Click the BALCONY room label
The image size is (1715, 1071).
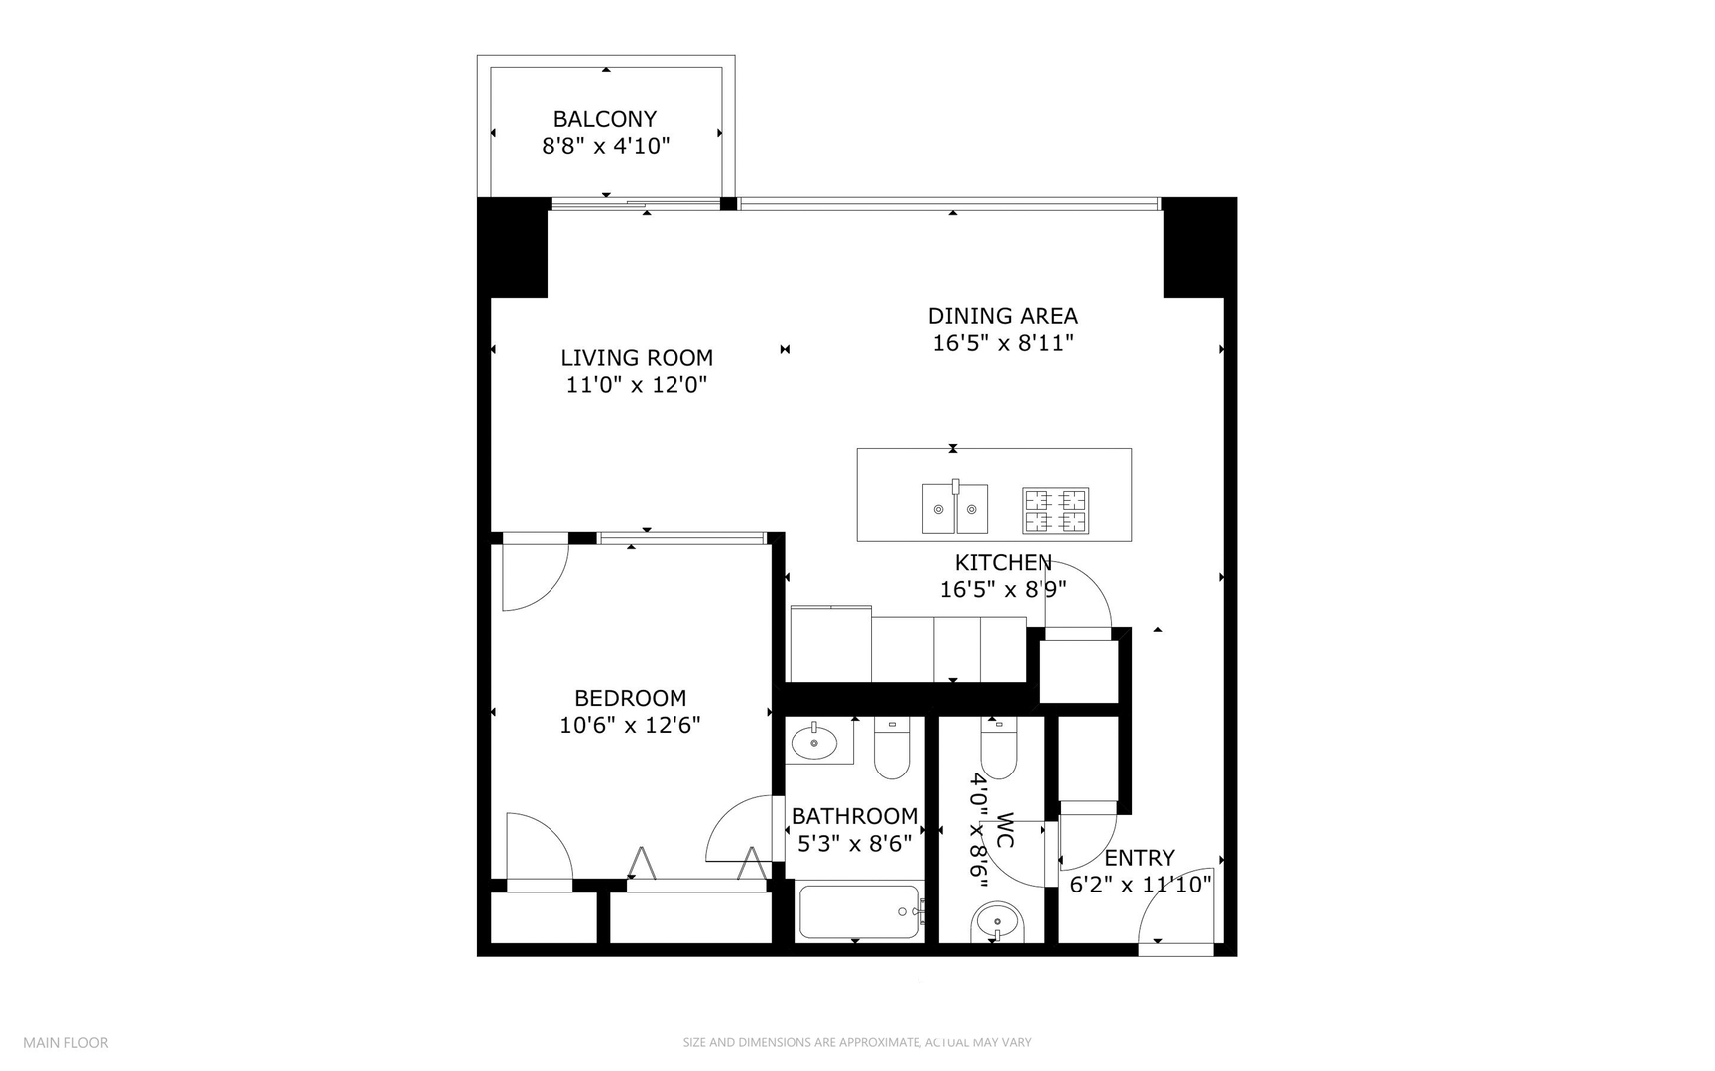pyautogui.click(x=604, y=119)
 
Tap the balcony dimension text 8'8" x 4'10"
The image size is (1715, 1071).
pyautogui.click(x=605, y=147)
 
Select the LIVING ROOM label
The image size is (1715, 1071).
pyautogui.click(x=636, y=358)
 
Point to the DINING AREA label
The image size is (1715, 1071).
pyautogui.click(x=1002, y=316)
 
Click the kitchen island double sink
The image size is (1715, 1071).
pyautogui.click(x=955, y=508)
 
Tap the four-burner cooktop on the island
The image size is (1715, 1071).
pyautogui.click(x=1055, y=510)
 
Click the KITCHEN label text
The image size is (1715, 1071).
pyautogui.click(x=1003, y=563)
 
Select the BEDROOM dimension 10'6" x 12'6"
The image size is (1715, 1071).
pyautogui.click(x=630, y=725)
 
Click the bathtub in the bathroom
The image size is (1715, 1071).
pyautogui.click(x=859, y=911)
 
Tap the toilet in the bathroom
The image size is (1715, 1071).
pyautogui.click(x=892, y=750)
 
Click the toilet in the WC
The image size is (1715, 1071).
pyautogui.click(x=997, y=750)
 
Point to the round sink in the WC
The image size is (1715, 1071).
pyautogui.click(x=995, y=922)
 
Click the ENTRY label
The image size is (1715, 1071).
pyautogui.click(x=1139, y=858)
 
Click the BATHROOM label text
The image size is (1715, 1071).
pyautogui.click(x=854, y=816)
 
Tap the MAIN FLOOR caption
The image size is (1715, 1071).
pyautogui.click(x=65, y=1042)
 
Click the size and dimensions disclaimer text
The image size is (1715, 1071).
pyautogui.click(x=856, y=1042)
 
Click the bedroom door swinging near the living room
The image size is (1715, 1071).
pyautogui.click(x=534, y=575)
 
